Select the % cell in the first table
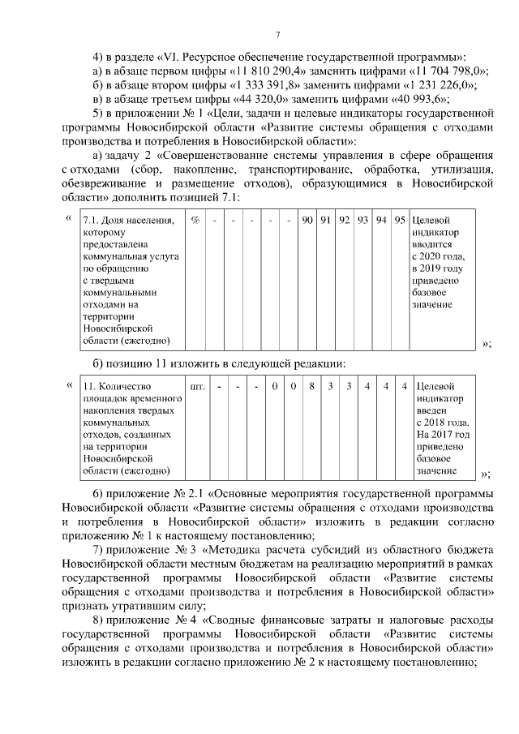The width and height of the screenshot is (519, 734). click(x=195, y=221)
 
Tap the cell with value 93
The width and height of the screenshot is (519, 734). click(x=363, y=221)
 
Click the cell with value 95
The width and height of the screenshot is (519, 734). click(x=400, y=221)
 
